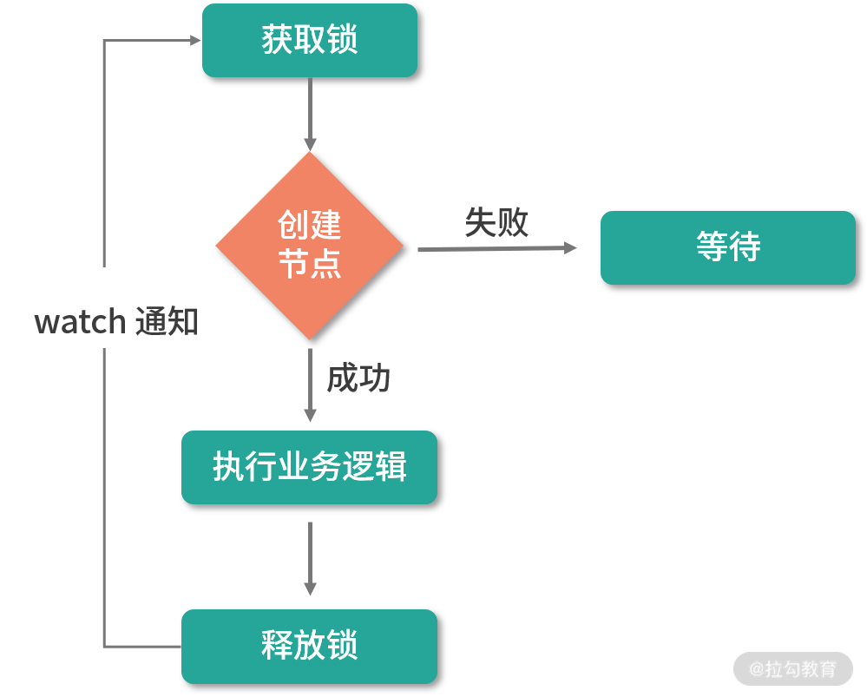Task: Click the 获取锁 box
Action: (x=310, y=40)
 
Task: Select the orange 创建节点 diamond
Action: (x=310, y=246)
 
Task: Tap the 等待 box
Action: (x=727, y=247)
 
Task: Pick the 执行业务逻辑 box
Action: (x=309, y=467)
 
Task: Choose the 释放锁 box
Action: (x=309, y=646)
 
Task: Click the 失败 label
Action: (x=496, y=222)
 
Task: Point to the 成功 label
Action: (x=358, y=378)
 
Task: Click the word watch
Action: (x=80, y=322)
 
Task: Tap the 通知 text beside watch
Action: (x=167, y=322)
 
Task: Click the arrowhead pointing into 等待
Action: (x=570, y=248)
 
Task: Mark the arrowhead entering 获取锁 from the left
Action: (x=195, y=40)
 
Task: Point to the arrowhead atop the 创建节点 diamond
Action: (x=310, y=145)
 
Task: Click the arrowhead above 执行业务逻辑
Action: (x=310, y=416)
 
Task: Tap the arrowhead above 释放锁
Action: (x=310, y=589)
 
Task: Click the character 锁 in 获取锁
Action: (x=343, y=40)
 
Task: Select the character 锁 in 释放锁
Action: (x=343, y=646)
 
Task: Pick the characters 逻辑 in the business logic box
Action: (x=375, y=467)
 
